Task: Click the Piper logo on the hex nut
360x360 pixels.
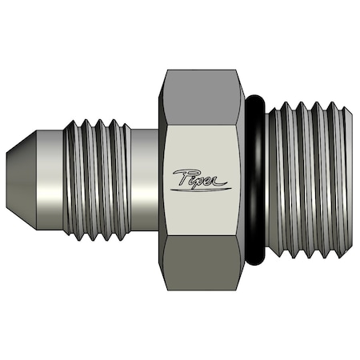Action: coord(200,181)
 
